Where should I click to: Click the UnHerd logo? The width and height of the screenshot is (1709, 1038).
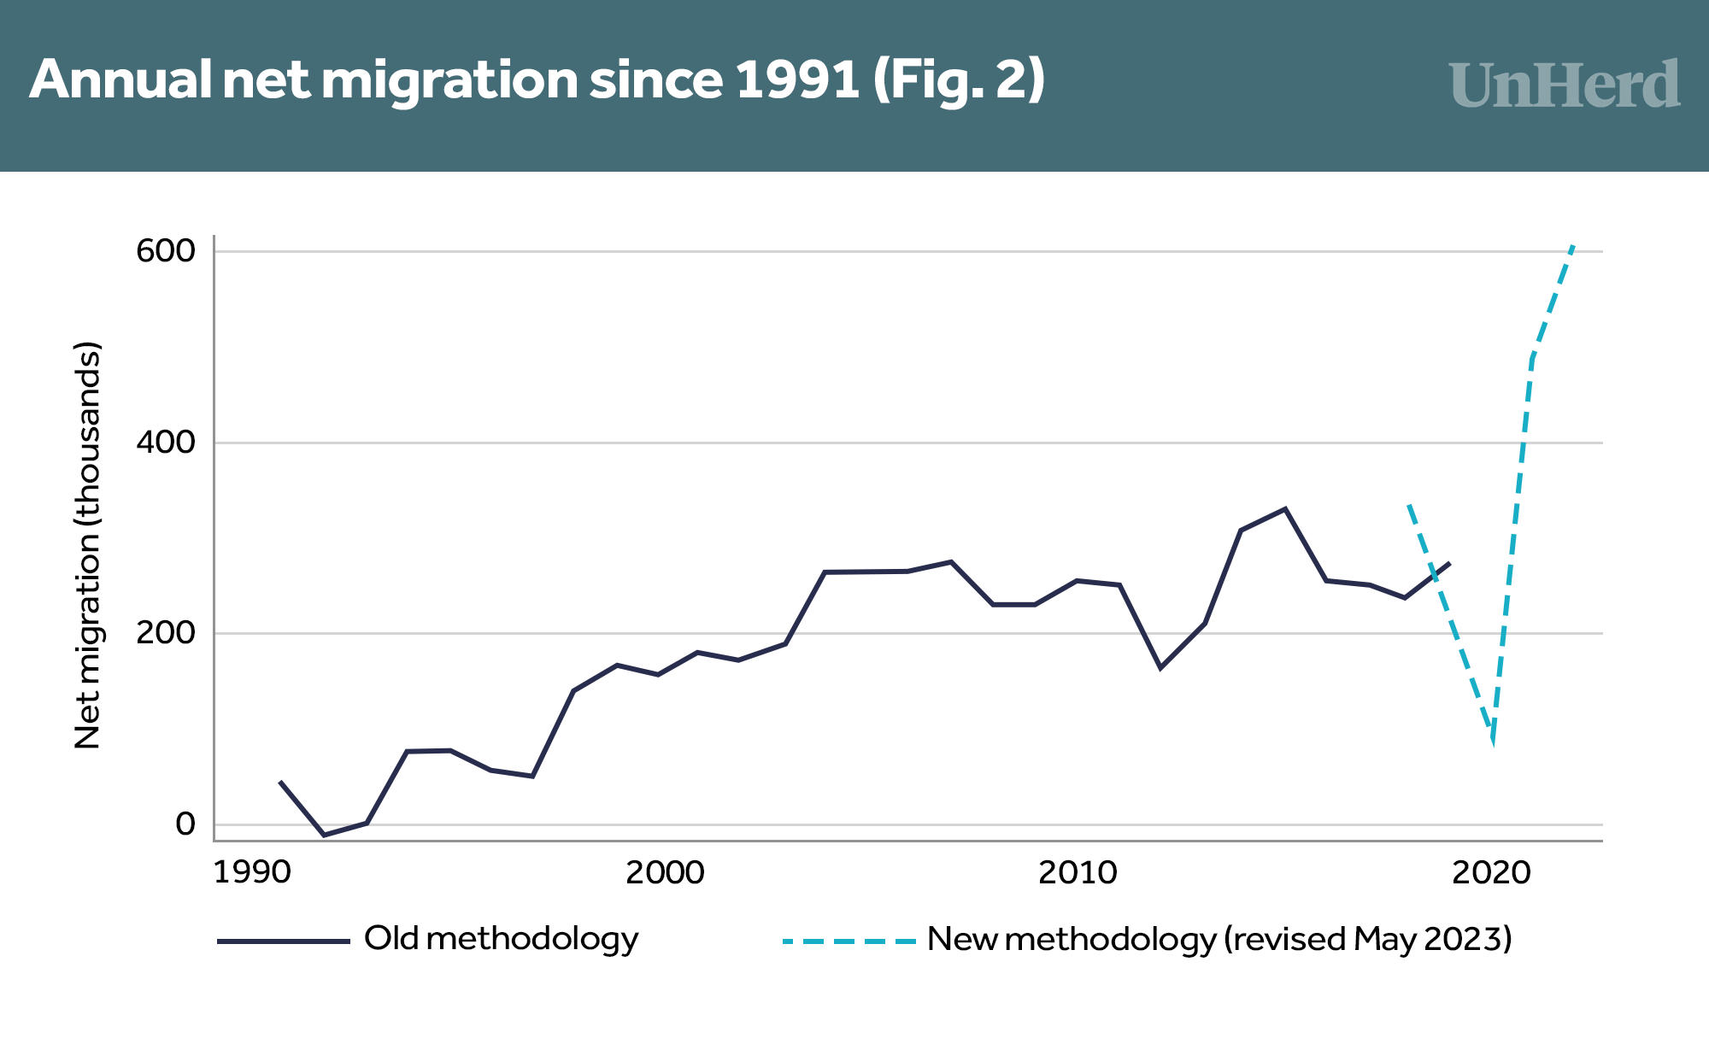point(1564,85)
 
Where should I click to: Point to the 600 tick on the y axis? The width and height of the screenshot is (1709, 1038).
point(166,251)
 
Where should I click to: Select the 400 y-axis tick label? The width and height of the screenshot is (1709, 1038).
point(166,443)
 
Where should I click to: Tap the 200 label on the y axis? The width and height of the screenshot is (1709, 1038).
point(166,633)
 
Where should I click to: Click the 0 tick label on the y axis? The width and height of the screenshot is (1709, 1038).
point(185,824)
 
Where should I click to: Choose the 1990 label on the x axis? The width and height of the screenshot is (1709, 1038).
point(252,872)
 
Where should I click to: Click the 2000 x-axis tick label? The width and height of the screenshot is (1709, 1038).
point(665,872)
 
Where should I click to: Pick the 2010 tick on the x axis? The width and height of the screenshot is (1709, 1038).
point(1078,872)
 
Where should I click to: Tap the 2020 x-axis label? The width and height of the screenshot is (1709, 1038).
point(1491,872)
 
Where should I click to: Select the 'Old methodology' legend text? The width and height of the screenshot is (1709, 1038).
point(502,939)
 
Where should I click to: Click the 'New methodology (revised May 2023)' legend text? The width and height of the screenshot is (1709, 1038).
point(1219,939)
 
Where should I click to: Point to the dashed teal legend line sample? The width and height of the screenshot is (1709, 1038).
point(849,941)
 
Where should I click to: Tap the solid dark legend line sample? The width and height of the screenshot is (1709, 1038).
point(284,941)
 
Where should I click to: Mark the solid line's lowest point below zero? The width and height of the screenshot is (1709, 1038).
point(324,835)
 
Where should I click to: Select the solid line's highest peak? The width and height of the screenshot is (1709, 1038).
point(1285,509)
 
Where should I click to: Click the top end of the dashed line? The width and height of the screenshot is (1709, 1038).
point(1572,246)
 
